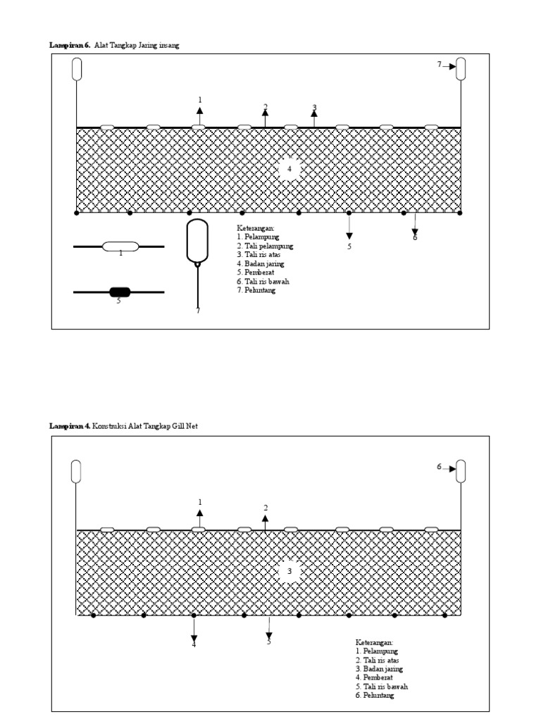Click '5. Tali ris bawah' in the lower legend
coord(382,686)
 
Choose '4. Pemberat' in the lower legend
coord(378,677)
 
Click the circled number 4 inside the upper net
coord(289,169)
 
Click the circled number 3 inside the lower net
coord(289,572)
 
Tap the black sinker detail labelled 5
coord(119,292)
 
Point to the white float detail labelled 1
coord(120,246)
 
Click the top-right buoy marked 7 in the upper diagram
coord(461,69)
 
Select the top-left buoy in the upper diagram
coord(77,69)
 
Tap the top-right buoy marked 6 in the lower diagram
coord(461,471)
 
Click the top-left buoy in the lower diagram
coord(76,471)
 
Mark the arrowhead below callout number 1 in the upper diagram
coord(200,111)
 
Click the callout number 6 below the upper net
coord(415,237)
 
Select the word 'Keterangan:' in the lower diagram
coord(373,642)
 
